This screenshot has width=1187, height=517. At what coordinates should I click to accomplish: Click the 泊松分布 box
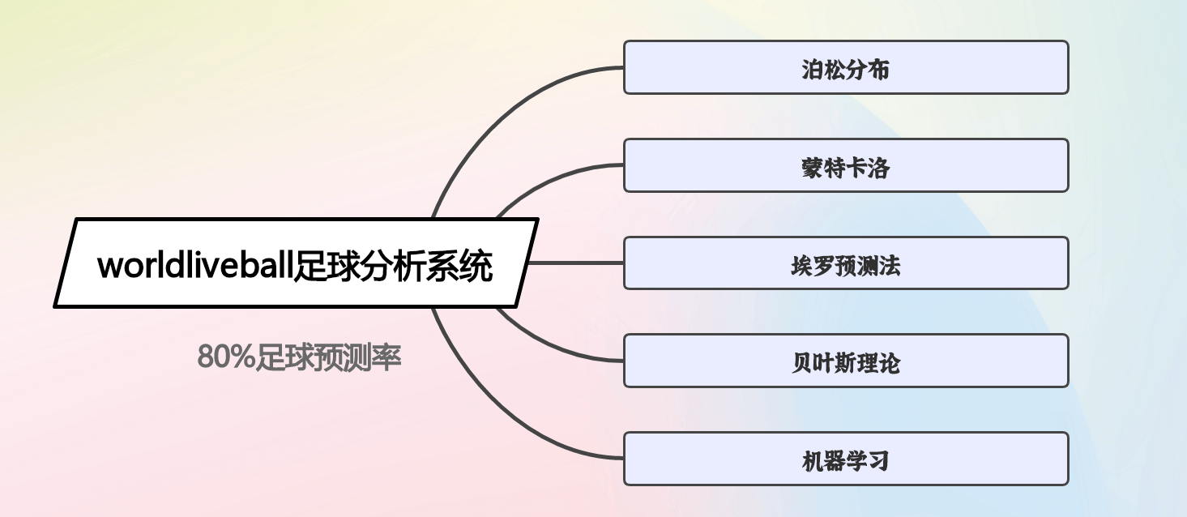(x=846, y=67)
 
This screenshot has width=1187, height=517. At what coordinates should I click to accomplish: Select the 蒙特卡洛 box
(x=846, y=165)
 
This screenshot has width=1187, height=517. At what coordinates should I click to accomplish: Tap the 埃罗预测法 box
(x=846, y=263)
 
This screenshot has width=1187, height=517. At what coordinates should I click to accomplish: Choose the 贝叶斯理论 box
(x=846, y=361)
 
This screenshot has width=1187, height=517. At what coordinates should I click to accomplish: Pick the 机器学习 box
(x=846, y=459)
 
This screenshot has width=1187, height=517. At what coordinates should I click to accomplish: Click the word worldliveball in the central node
(x=195, y=265)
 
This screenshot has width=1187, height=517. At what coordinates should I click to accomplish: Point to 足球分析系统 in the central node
(x=393, y=265)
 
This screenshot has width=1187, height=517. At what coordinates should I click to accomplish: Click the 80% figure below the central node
(x=226, y=357)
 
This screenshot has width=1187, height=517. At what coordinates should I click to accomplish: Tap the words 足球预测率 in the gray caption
(x=328, y=357)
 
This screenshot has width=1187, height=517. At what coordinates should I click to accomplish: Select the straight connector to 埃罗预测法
(x=575, y=263)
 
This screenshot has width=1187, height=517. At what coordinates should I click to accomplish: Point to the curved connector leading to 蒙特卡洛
(x=551, y=179)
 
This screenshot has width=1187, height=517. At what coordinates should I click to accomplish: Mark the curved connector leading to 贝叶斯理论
(x=551, y=347)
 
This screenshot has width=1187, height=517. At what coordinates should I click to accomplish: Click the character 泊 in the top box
(x=813, y=70)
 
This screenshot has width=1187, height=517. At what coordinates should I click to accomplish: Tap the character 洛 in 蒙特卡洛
(x=878, y=168)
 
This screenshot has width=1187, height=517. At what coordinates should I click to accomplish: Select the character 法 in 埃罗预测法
(x=890, y=265)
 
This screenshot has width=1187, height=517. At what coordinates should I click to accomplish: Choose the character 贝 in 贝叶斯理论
(x=802, y=363)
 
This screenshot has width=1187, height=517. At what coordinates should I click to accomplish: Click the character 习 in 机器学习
(x=878, y=461)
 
